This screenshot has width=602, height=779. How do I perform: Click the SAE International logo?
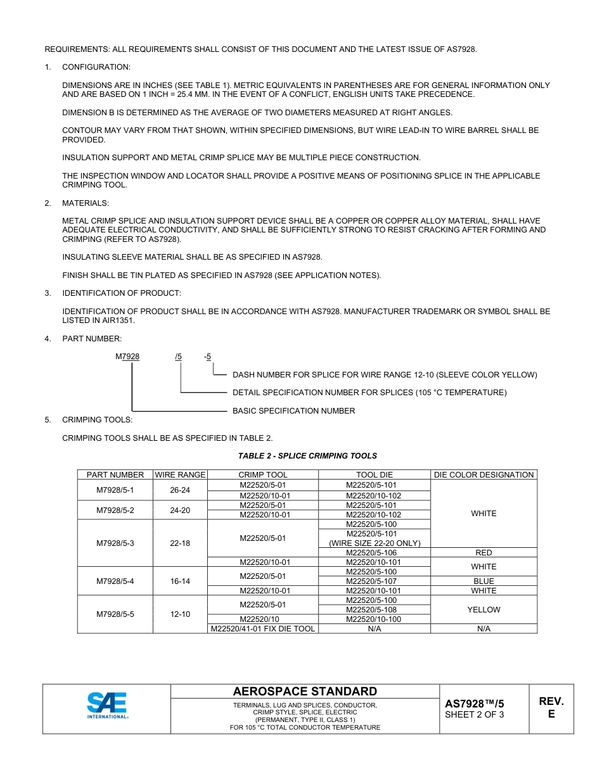click(x=107, y=705)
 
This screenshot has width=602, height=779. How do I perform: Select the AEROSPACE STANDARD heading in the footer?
click(x=305, y=692)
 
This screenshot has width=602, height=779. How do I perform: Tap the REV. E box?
click(x=551, y=707)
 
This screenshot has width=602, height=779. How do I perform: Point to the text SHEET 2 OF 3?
click(x=475, y=715)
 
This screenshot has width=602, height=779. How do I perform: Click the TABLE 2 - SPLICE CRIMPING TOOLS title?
click(x=307, y=456)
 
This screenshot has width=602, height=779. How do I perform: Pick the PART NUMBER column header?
click(x=115, y=475)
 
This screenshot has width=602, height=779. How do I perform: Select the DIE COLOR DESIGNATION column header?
click(x=484, y=475)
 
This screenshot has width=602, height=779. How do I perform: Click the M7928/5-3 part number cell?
click(x=115, y=543)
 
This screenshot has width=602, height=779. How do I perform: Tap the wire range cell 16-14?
click(x=180, y=581)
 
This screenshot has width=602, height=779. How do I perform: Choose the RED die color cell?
click(x=484, y=553)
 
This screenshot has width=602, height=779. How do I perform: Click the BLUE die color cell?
click(x=484, y=581)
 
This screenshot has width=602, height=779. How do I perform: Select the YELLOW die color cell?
click(x=484, y=610)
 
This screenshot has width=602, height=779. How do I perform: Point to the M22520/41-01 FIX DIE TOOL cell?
click(x=263, y=629)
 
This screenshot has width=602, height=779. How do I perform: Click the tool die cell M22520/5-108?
click(x=375, y=610)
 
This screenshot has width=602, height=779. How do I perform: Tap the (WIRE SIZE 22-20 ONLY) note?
click(x=375, y=543)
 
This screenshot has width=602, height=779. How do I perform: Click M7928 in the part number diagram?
click(x=127, y=357)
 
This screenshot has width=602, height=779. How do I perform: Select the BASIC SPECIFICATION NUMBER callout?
click(x=293, y=411)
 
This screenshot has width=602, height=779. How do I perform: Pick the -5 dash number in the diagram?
click(x=207, y=357)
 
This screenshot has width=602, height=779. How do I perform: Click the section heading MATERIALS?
click(x=86, y=203)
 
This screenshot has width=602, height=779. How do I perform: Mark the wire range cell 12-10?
click(x=180, y=614)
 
